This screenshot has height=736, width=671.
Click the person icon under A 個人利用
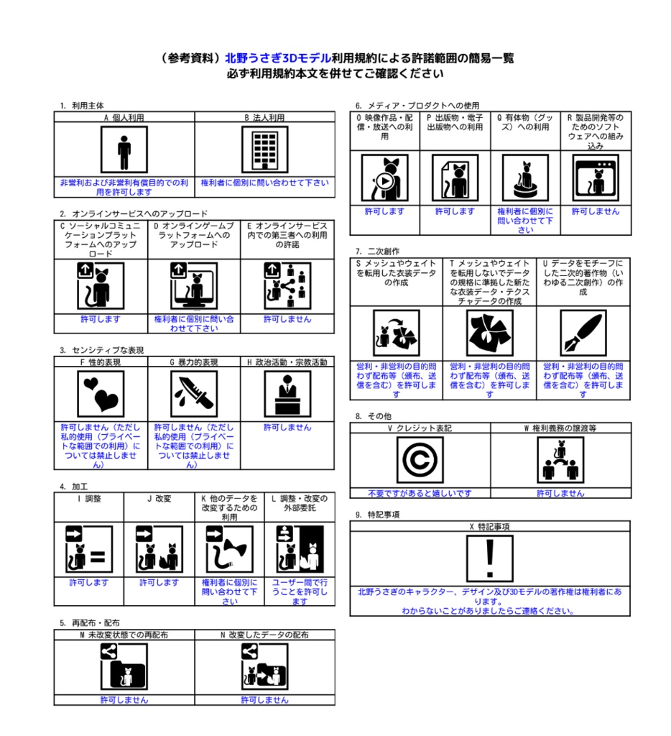coord(124,150)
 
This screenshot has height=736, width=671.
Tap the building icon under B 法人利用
coord(264,150)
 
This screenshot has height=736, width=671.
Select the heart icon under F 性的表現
coord(101,394)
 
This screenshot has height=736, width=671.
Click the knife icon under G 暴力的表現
coord(194,394)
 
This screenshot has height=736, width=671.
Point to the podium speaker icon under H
coord(287,394)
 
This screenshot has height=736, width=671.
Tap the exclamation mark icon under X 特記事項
coord(489,558)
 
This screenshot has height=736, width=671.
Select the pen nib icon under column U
coord(583,333)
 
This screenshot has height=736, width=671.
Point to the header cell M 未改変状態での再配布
coord(124,635)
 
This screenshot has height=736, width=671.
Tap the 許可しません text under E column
coord(287,319)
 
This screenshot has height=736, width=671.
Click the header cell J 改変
coord(159,498)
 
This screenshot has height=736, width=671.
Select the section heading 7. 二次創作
coord(377,252)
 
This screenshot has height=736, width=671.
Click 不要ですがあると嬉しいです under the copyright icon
coord(420,493)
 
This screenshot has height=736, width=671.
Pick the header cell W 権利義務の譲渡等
coord(560,428)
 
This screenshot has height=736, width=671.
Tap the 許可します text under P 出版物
coord(455,211)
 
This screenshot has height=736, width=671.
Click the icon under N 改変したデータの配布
coord(264,666)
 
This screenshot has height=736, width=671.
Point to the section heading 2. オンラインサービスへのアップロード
coord(134,213)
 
